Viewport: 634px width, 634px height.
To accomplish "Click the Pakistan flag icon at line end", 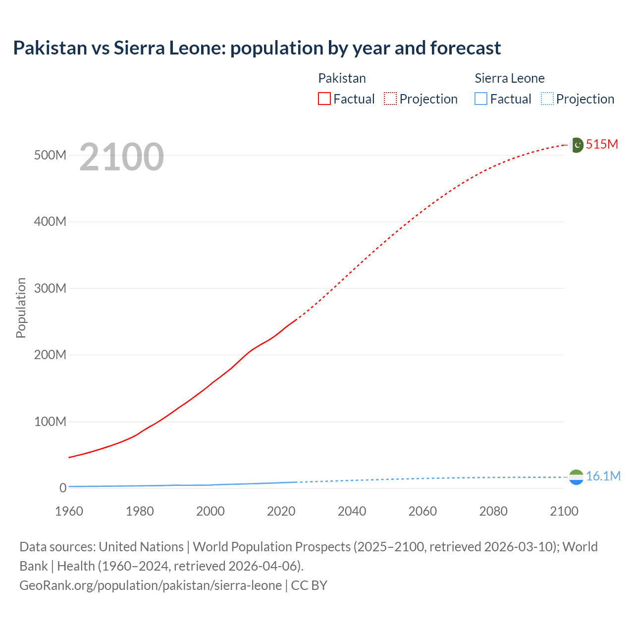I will coord(577,145).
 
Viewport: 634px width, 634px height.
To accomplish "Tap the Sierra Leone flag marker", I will coord(576,477).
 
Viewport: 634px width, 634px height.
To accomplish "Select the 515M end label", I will coord(602,144).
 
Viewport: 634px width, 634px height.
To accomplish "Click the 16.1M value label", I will coord(603,476).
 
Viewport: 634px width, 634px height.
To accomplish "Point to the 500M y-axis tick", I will coord(50,155).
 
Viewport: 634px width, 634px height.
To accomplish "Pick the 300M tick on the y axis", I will coord(50,288).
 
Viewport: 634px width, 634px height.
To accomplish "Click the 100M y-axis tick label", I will coord(50,422).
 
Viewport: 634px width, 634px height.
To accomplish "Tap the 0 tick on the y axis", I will coord(62,488).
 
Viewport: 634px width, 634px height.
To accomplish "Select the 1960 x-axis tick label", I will coord(69,511).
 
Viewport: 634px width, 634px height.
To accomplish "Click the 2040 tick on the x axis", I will coord(352,511).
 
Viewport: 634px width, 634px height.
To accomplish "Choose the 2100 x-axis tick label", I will coord(564,511).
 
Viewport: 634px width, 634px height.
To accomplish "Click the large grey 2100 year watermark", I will coord(121,157).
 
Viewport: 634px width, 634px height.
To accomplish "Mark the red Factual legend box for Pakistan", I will coord(324,99).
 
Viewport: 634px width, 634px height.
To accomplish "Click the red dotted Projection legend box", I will coord(390,99).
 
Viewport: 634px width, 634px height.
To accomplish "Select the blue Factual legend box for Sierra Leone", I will coord(481,99).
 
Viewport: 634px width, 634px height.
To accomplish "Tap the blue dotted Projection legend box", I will coord(547,99).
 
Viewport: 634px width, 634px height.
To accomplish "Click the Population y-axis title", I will coord(21,308).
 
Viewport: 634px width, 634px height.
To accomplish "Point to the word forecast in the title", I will coord(466,48).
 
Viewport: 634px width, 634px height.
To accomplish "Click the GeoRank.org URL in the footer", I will coord(151,585).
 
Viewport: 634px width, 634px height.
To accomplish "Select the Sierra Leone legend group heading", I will coord(509,78).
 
